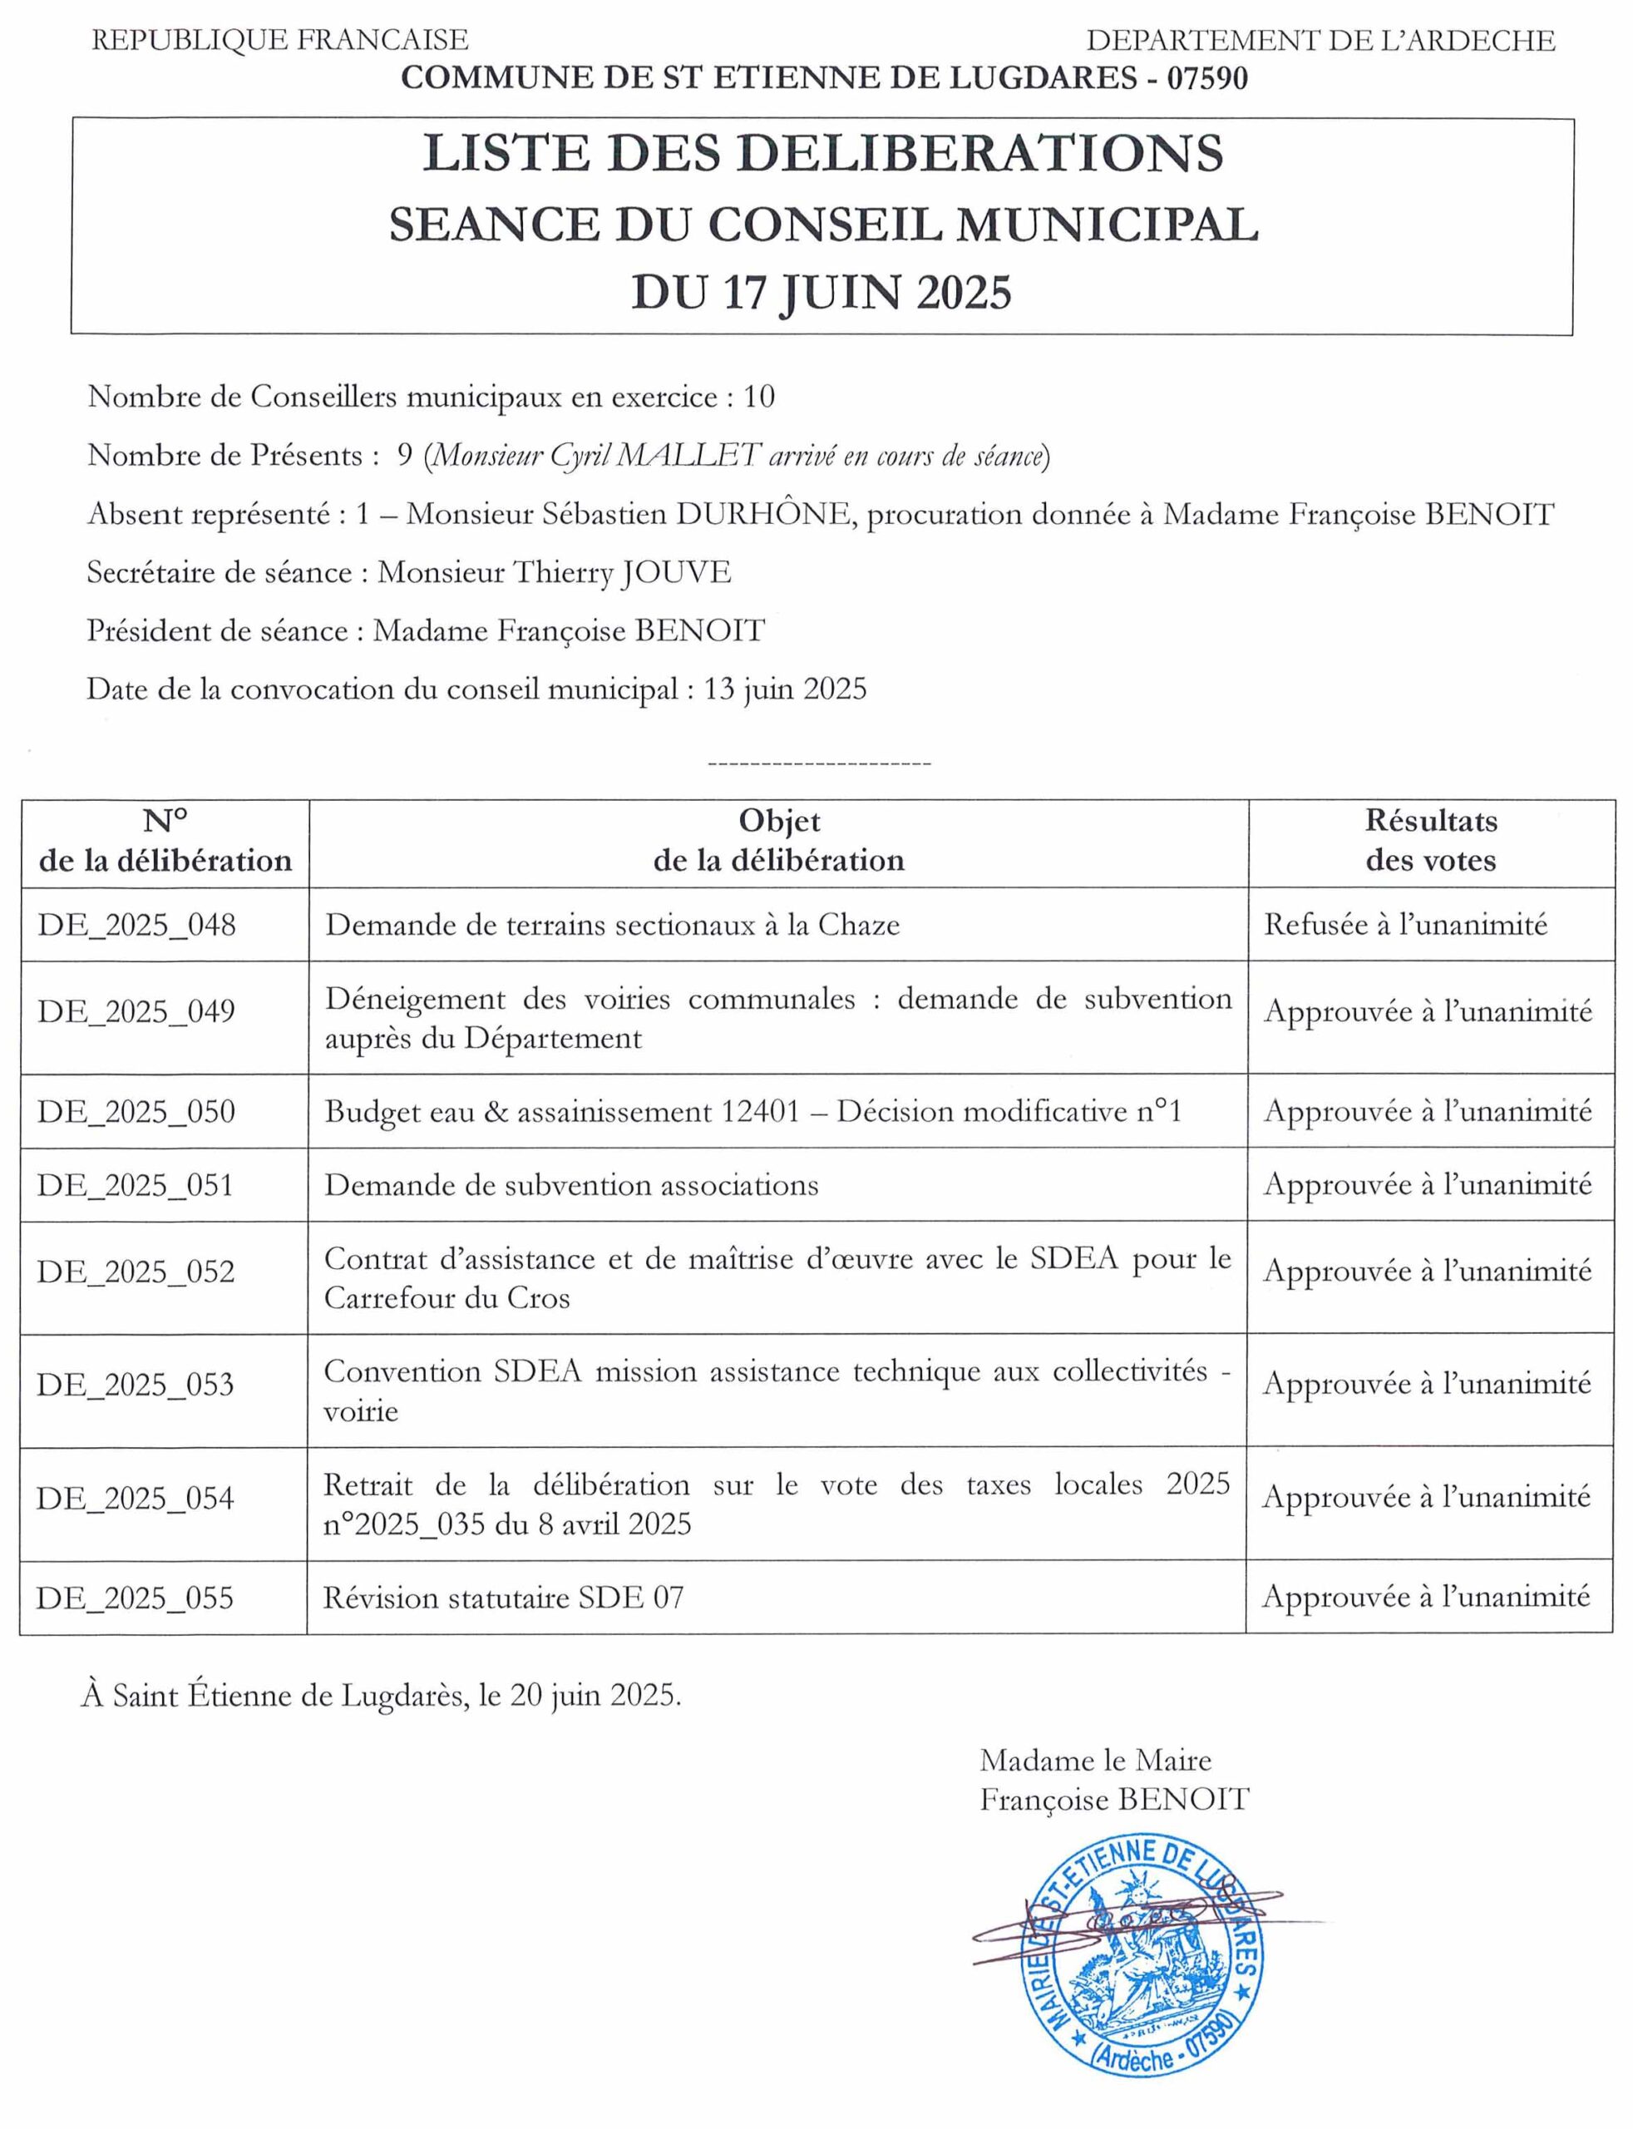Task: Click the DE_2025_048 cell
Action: coord(137,925)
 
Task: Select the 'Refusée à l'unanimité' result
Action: coord(1404,925)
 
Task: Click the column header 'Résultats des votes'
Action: coord(1430,841)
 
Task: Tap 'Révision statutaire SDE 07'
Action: coord(504,1598)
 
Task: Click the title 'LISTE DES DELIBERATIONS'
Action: coord(822,154)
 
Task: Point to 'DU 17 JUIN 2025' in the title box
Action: coord(822,293)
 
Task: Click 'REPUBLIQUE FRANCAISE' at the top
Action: coord(280,41)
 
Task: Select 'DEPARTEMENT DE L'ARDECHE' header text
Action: coord(1320,41)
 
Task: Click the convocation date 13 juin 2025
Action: coord(786,689)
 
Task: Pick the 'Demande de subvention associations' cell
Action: coord(571,1185)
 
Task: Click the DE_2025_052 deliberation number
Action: coord(136,1272)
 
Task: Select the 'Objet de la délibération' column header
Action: coord(778,841)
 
